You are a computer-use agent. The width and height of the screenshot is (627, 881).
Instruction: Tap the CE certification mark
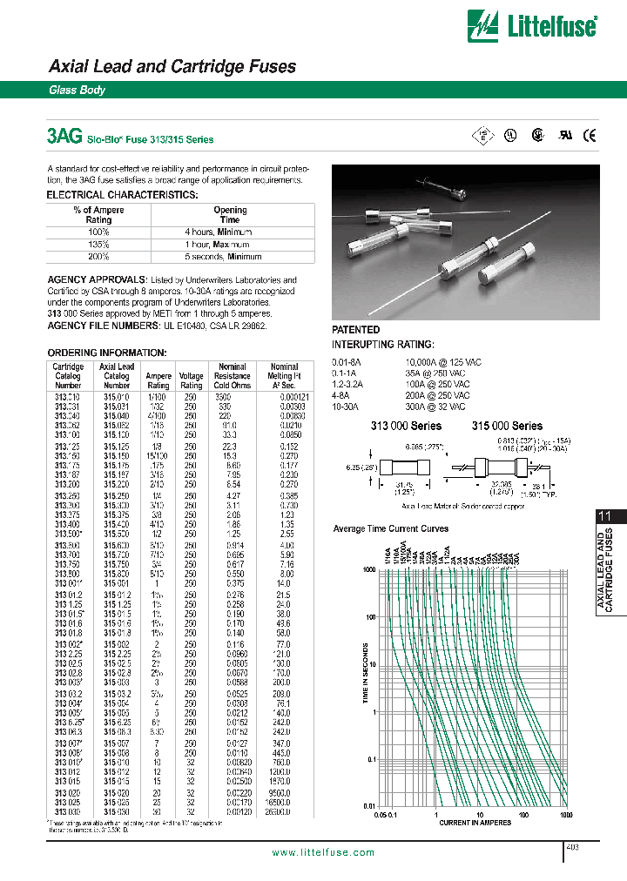590,134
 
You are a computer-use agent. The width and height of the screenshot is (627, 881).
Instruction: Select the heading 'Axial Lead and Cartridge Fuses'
172,66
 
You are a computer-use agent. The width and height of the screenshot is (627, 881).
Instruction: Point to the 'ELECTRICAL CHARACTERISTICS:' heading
122,195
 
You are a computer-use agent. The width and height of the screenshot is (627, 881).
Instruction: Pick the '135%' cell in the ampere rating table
98,245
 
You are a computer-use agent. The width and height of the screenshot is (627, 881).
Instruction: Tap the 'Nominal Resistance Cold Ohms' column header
233,375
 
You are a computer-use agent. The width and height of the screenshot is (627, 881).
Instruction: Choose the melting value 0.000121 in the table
284,397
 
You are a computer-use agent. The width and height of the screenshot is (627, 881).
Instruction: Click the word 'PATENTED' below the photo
356,330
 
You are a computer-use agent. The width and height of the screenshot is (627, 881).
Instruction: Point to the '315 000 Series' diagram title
507,426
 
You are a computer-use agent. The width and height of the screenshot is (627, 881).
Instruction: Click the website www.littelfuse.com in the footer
323,852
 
